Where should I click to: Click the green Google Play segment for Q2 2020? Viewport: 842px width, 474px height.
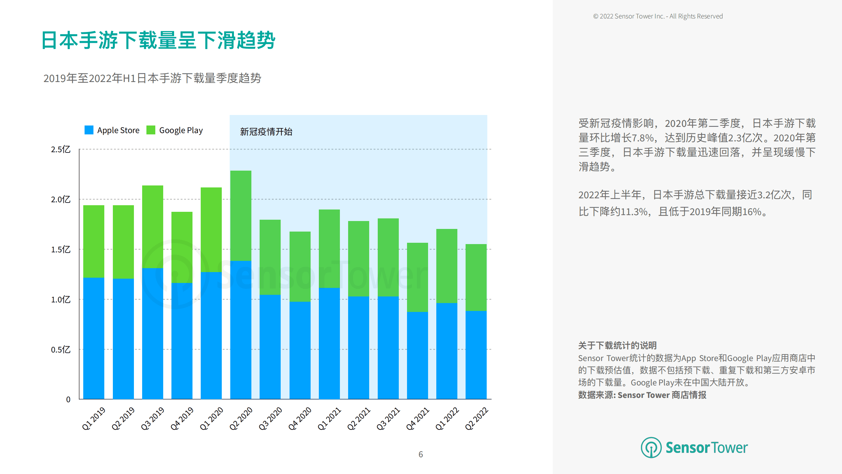241,216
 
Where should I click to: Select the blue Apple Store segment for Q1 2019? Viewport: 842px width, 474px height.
94,338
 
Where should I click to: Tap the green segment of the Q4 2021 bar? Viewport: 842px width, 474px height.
417,277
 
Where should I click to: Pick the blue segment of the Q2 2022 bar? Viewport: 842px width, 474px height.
476,355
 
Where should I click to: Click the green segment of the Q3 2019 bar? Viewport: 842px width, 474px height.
152,227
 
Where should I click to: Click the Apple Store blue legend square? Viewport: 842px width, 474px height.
89,130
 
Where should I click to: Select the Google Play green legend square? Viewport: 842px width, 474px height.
151,130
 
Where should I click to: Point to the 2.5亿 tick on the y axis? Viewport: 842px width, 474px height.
61,150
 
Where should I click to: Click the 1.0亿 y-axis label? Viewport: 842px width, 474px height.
61,300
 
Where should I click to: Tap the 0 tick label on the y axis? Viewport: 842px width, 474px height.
68,400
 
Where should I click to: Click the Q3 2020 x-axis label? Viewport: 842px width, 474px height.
270,419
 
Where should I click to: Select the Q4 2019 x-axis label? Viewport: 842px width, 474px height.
182,419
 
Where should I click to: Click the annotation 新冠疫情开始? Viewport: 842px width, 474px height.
266,132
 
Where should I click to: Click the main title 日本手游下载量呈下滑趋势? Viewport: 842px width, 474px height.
158,41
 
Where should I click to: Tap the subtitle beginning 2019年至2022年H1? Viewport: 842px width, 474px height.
152,78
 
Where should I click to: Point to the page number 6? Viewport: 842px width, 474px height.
421,454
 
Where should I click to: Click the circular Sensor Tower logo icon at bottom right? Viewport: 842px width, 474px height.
651,447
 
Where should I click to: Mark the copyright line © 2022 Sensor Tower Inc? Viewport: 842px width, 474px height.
658,16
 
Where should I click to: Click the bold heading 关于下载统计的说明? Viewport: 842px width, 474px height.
617,345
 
